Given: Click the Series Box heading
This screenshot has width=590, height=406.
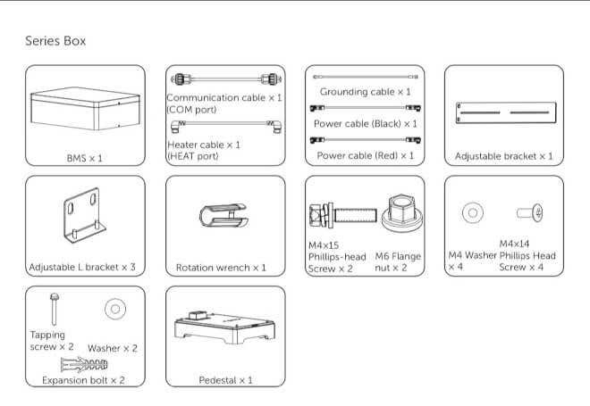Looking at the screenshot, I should [x=55, y=41].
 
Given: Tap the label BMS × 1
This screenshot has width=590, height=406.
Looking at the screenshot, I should [x=85, y=158].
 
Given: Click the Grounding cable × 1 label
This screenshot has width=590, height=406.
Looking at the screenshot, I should [x=365, y=92].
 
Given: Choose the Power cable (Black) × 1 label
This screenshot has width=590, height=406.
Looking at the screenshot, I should [x=365, y=123].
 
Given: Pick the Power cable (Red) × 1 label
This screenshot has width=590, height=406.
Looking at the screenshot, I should [x=365, y=155].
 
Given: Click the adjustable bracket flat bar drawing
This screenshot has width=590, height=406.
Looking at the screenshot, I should [x=503, y=113].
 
